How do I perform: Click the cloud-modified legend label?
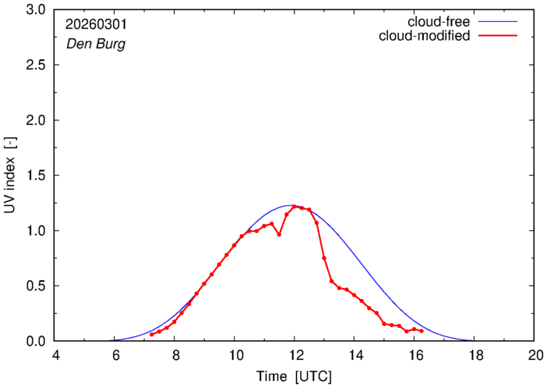(x=425, y=36)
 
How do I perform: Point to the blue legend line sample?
(x=499, y=21)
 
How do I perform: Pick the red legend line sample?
(x=499, y=36)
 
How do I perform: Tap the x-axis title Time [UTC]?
(x=295, y=376)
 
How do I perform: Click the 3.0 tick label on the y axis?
(x=36, y=10)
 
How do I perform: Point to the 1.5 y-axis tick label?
(x=36, y=176)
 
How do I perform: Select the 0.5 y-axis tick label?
(x=36, y=286)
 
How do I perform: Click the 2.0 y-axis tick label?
(x=36, y=120)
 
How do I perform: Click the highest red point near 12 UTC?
(x=295, y=206)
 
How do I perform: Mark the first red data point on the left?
(x=152, y=334)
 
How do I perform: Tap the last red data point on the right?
(x=422, y=331)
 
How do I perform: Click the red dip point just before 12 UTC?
(x=279, y=234)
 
